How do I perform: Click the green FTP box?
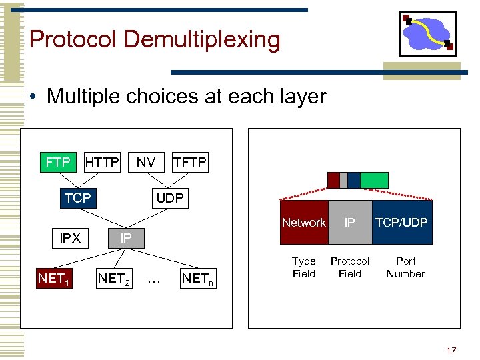click(x=58, y=162)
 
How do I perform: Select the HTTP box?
click(x=103, y=162)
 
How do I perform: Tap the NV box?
click(x=146, y=162)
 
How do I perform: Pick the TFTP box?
click(x=190, y=162)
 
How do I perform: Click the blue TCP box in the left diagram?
click(x=78, y=198)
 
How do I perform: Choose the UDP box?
click(x=170, y=198)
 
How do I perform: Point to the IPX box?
click(x=70, y=238)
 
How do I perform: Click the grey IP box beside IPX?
click(x=125, y=238)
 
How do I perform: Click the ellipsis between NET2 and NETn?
click(x=154, y=279)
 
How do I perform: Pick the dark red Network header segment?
click(x=304, y=223)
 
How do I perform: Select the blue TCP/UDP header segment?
click(x=401, y=223)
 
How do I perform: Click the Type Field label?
click(x=304, y=267)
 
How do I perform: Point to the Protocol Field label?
click(x=350, y=267)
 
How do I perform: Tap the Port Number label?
click(x=405, y=267)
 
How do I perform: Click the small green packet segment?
click(x=374, y=180)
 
